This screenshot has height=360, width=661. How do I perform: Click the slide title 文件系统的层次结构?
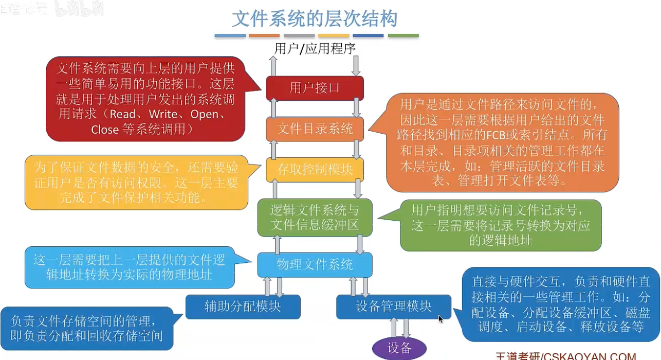[315, 19]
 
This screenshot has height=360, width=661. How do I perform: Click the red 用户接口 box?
[315, 88]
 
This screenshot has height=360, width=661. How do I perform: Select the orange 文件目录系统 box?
[315, 129]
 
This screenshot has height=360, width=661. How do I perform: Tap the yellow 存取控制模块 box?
[315, 169]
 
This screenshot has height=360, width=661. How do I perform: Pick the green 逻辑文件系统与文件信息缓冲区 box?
[315, 218]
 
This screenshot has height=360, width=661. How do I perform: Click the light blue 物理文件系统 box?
[315, 265]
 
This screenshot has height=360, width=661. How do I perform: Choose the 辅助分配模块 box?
[243, 307]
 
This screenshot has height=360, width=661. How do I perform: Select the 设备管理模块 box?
[394, 307]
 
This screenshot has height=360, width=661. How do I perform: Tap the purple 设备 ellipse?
[399, 348]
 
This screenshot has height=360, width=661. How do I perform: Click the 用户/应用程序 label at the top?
[315, 49]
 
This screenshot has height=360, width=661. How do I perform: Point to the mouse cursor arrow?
[440, 318]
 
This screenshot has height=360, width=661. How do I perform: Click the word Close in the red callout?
[105, 130]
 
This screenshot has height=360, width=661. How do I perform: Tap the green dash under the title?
[403, 35]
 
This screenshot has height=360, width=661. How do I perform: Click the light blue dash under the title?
[230, 35]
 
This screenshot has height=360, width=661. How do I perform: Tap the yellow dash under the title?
[334, 35]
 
